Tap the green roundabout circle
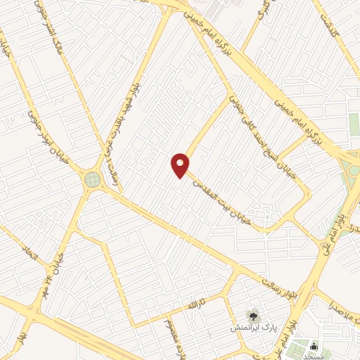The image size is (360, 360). pyautogui.click(x=92, y=179)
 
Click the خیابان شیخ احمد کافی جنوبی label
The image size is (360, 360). pyautogui.click(x=252, y=122)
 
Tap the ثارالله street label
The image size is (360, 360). pyautogui.click(x=191, y=307)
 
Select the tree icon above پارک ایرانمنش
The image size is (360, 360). pyautogui.click(x=252, y=314)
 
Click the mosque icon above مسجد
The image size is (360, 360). pyautogui.click(x=313, y=347)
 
